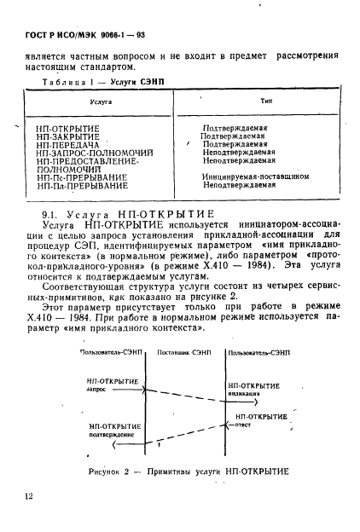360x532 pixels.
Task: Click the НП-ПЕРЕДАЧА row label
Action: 68,144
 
